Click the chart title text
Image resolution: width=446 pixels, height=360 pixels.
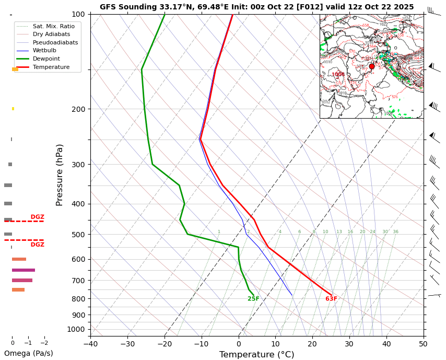pyautogui.click(x=256, y=7)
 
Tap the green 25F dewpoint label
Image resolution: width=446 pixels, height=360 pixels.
pyautogui.click(x=253, y=299)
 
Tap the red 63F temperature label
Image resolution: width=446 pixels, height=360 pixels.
pyautogui.click(x=331, y=299)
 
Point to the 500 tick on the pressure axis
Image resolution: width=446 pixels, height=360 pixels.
pyautogui.click(x=78, y=235)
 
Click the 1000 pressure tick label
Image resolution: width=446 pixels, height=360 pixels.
pyautogui.click(x=76, y=329)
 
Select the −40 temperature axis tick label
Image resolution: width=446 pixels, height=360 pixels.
pyautogui.click(x=90, y=344)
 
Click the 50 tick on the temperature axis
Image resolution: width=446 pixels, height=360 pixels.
pyautogui.click(x=423, y=344)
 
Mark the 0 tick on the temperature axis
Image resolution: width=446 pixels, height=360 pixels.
pyautogui.click(x=239, y=344)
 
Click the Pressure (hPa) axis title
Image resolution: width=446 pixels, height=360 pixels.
pyautogui.click(x=60, y=175)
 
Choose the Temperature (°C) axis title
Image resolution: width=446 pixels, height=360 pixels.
pyautogui.click(x=256, y=355)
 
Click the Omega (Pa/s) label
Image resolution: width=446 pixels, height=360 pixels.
pyautogui.click(x=28, y=353)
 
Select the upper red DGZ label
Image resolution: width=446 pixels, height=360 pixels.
pyautogui.click(x=37, y=217)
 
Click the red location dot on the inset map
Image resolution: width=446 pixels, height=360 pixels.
pyautogui.click(x=372, y=66)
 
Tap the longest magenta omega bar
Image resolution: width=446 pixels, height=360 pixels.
pyautogui.click(x=24, y=270)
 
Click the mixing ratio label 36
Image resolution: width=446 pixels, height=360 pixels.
pyautogui.click(x=395, y=232)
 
